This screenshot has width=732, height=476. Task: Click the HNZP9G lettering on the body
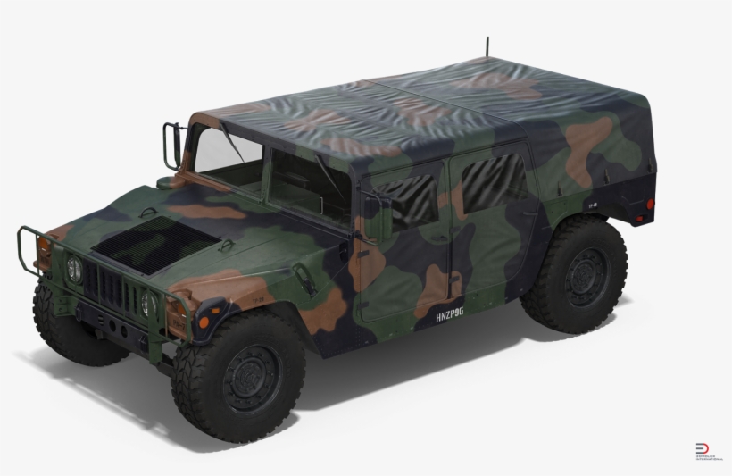[449, 316]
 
